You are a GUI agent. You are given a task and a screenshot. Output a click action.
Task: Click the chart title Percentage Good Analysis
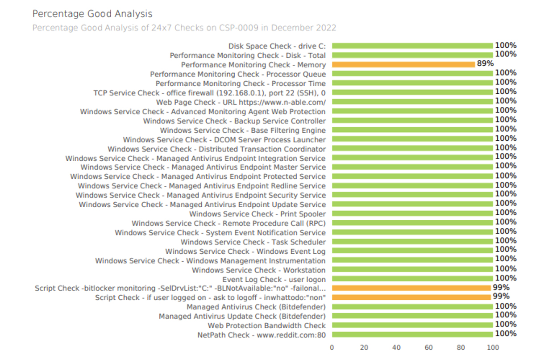92,14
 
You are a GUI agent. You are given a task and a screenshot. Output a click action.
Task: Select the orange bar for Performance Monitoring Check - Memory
403,64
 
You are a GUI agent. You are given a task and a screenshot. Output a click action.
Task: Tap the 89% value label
485,63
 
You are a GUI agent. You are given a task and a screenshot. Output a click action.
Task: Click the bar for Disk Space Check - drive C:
412,46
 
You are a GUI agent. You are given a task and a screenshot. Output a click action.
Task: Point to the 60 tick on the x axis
429,347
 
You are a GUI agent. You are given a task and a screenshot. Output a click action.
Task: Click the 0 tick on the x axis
332,347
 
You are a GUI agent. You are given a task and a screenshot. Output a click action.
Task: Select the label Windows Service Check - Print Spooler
258,214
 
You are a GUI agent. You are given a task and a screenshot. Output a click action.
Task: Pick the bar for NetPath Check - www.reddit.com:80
412,335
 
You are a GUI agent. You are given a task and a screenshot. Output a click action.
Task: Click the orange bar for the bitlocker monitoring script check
411,288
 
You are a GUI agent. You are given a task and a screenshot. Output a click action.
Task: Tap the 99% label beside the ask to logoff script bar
501,297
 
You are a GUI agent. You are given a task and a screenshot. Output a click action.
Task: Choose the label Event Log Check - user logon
274,280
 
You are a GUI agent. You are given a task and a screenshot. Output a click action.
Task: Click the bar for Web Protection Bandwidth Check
412,325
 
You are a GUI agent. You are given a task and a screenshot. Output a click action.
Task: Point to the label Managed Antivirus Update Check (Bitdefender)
242,316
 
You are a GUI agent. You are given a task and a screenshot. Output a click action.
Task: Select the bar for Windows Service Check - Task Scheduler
412,242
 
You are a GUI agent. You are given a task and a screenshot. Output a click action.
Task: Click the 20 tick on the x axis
364,347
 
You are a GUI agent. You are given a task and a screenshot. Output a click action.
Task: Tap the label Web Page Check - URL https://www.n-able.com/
241,102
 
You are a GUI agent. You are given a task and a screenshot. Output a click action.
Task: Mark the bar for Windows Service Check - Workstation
412,269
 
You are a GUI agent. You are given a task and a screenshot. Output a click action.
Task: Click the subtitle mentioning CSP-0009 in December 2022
184,28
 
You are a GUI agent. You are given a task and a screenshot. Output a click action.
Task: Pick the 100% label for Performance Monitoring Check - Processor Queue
506,73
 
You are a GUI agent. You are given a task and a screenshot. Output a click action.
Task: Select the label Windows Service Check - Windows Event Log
245,251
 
